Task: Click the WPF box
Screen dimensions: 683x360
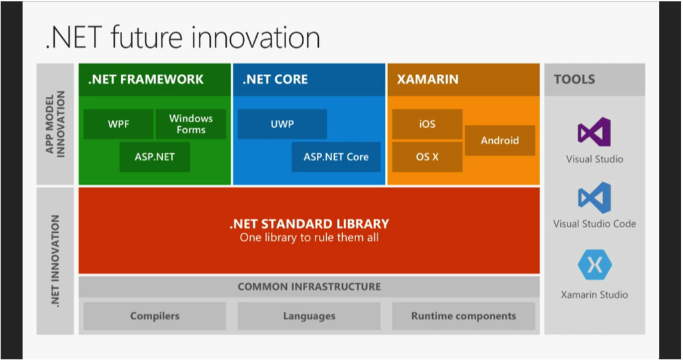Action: point(119,124)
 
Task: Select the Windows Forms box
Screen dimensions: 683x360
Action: point(191,124)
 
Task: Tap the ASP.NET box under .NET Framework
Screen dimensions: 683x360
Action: point(155,157)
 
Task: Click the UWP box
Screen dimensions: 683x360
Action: point(282,124)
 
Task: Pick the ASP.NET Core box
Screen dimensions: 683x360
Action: point(336,157)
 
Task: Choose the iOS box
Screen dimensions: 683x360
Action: point(428,124)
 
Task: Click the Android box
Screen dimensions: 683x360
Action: point(500,140)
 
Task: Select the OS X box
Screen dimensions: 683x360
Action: point(428,157)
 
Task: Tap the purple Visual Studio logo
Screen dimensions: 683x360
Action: point(594,132)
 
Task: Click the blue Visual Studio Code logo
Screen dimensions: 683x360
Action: point(594,197)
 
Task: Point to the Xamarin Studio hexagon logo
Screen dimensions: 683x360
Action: point(594,265)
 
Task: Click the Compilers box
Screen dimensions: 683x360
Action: point(155,316)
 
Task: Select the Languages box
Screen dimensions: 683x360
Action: point(309,316)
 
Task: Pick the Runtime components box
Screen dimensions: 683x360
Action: point(464,316)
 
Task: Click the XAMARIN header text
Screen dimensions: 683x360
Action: point(428,79)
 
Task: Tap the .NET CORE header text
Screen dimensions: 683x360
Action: point(275,79)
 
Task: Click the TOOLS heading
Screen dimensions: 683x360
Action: point(574,79)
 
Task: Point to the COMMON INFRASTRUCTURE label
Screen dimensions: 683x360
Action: point(309,287)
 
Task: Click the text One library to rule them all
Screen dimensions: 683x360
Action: point(309,238)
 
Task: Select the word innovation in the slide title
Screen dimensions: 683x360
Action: point(255,37)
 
